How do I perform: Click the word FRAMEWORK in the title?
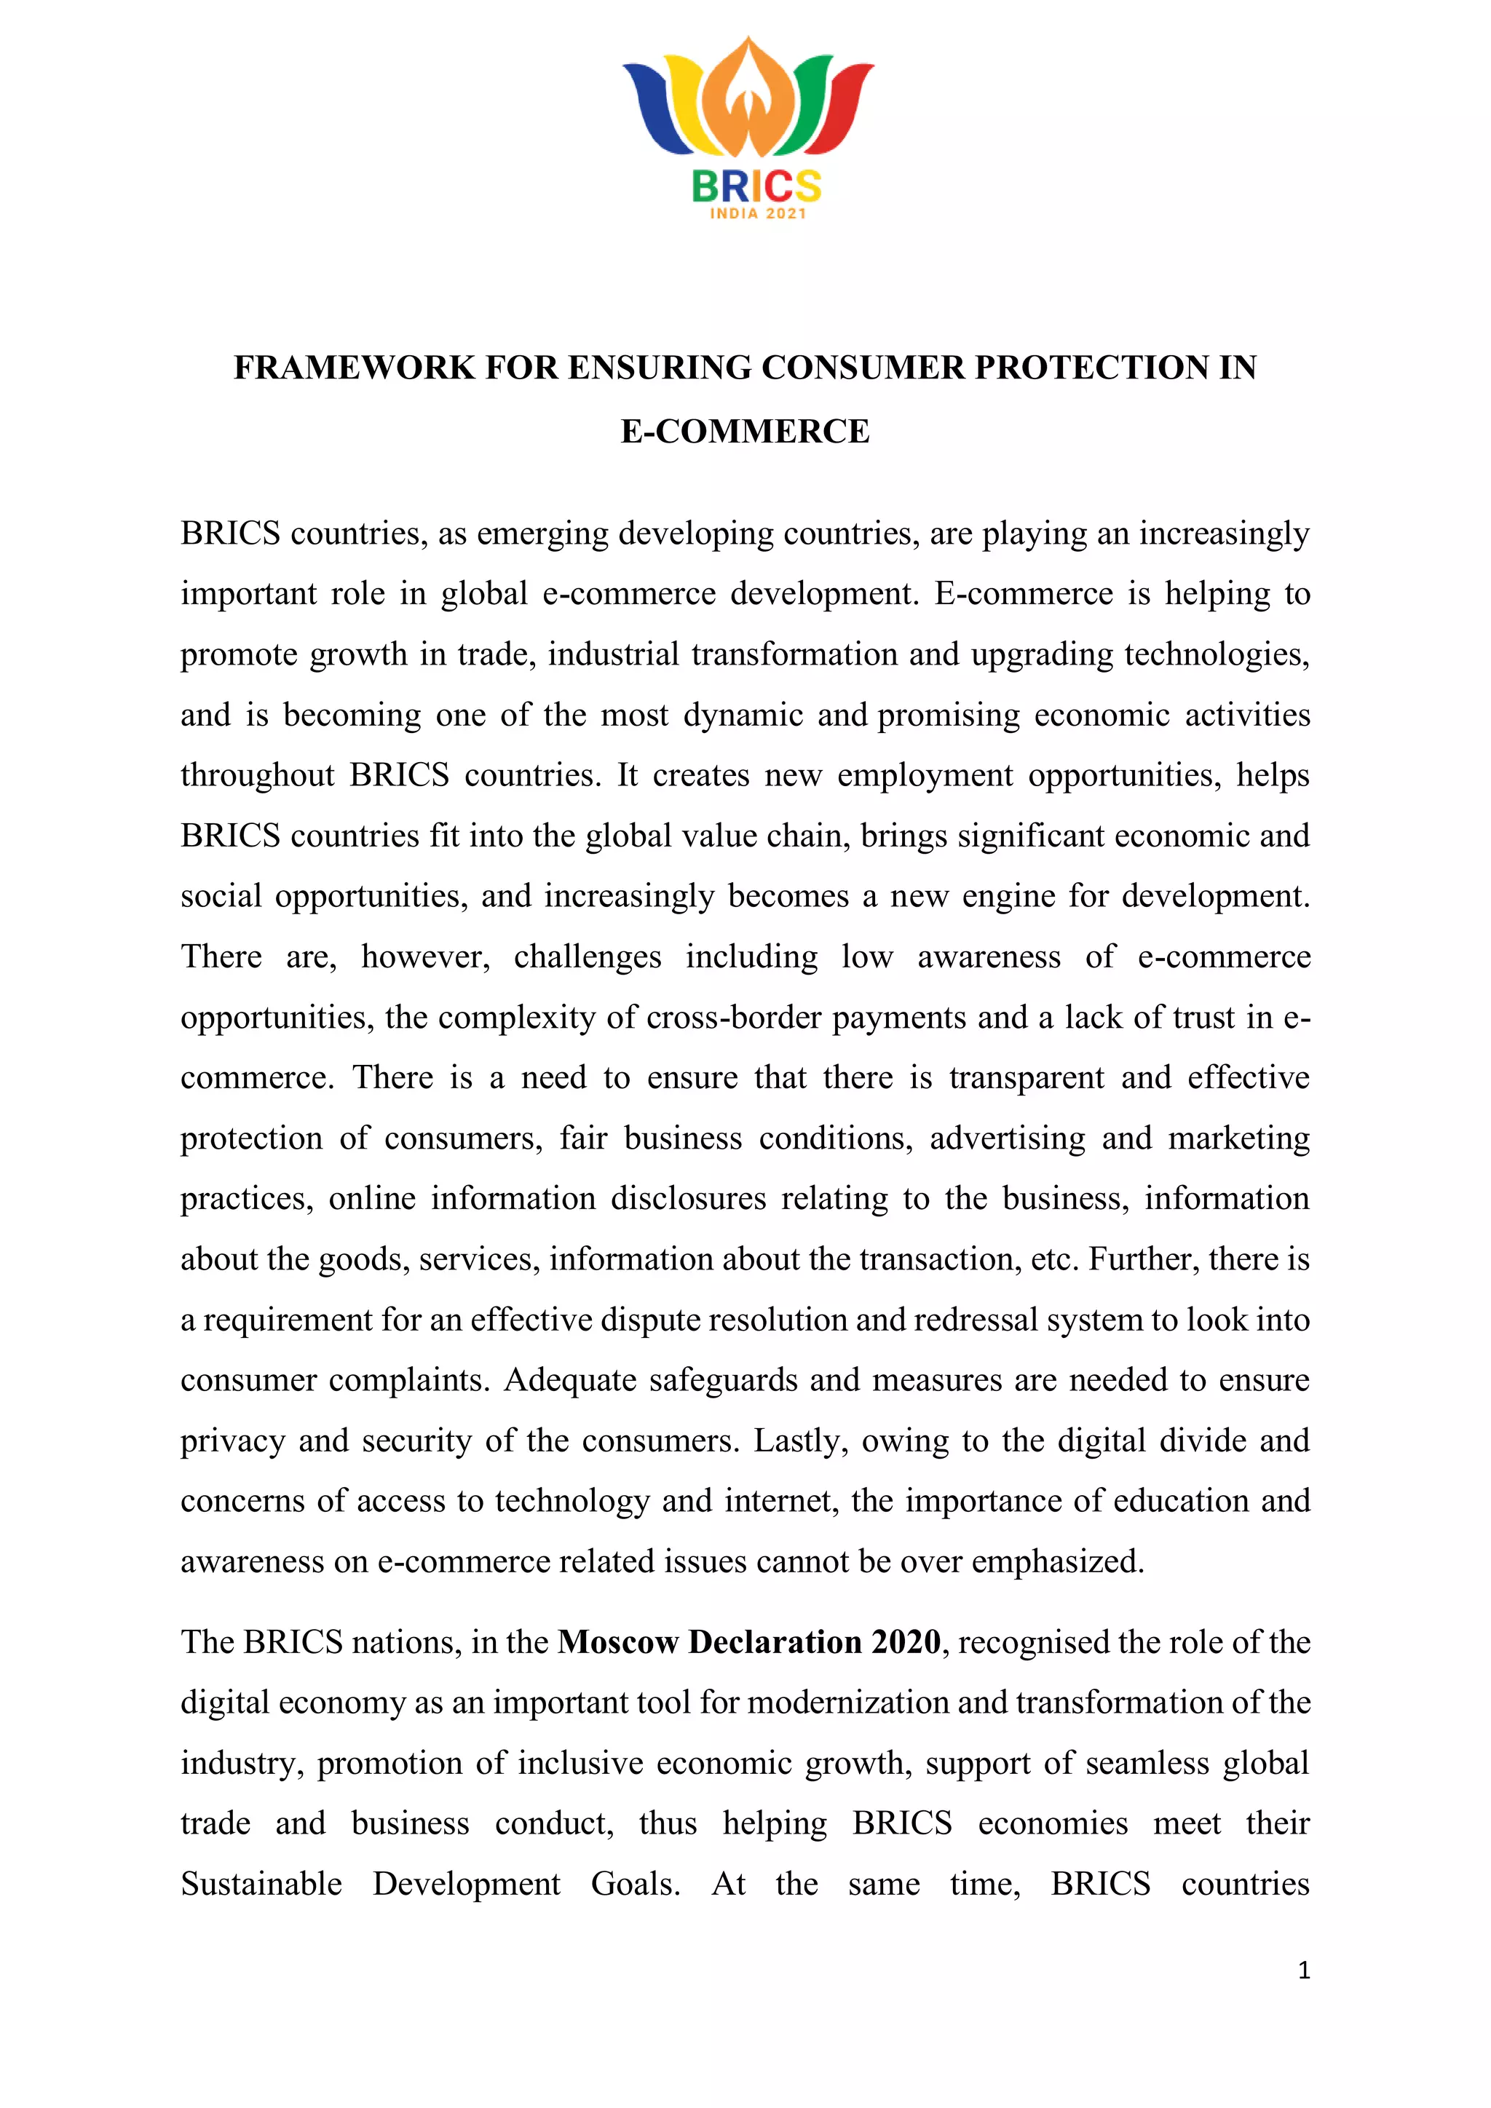click(355, 368)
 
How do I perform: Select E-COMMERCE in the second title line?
click(745, 432)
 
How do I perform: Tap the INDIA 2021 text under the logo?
click(757, 214)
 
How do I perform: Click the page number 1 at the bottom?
click(1304, 1970)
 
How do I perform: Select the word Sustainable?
click(261, 1884)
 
